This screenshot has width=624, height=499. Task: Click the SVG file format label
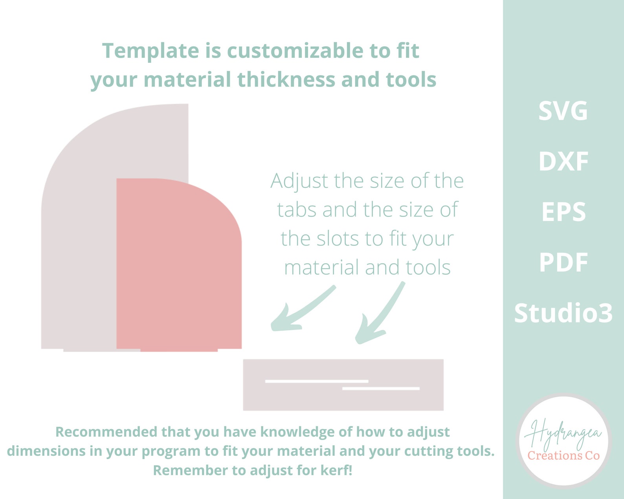pos(563,111)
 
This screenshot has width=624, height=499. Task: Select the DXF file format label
pos(563,161)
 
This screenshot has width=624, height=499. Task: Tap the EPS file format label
pos(563,212)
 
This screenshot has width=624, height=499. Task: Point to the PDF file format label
pos(563,262)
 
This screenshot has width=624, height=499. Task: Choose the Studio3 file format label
pos(563,313)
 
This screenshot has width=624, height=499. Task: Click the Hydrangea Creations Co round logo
pos(564,441)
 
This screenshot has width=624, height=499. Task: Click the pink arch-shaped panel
pos(179,267)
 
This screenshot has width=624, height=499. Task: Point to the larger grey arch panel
pos(79,236)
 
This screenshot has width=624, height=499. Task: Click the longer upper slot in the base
pos(317,381)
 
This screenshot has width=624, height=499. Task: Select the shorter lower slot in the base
pos(381,389)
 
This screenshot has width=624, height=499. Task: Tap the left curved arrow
pos(301,310)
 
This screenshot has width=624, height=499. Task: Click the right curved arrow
pos(379,314)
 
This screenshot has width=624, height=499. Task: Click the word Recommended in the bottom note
pos(106,432)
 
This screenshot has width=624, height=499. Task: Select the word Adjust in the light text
pos(299,181)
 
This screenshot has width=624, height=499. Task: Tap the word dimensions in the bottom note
pos(46,451)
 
